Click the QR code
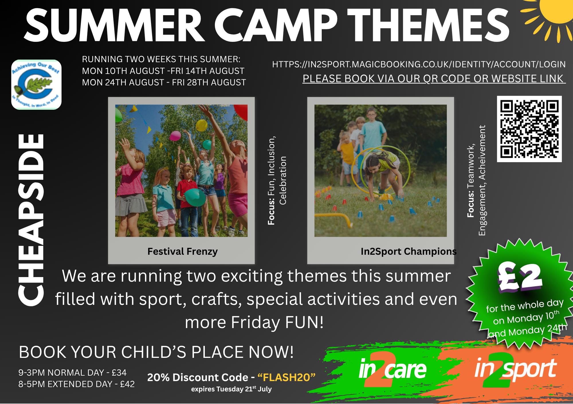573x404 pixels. click(x=529, y=129)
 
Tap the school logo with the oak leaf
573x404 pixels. click(x=36, y=85)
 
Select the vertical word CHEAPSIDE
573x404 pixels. click(x=31, y=220)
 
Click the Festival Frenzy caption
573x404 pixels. click(x=183, y=252)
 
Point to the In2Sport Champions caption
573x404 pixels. click(x=409, y=251)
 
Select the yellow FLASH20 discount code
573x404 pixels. click(x=286, y=377)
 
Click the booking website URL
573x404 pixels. click(x=419, y=64)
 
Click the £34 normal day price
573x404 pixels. click(x=119, y=372)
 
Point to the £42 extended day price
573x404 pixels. click(x=127, y=384)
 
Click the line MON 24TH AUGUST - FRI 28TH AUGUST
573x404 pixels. click(x=164, y=83)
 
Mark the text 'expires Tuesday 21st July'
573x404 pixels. click(x=231, y=389)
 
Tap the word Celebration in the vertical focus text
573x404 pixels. click(x=283, y=181)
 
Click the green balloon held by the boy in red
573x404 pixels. click(x=195, y=197)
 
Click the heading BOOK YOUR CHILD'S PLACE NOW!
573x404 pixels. click(x=156, y=352)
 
